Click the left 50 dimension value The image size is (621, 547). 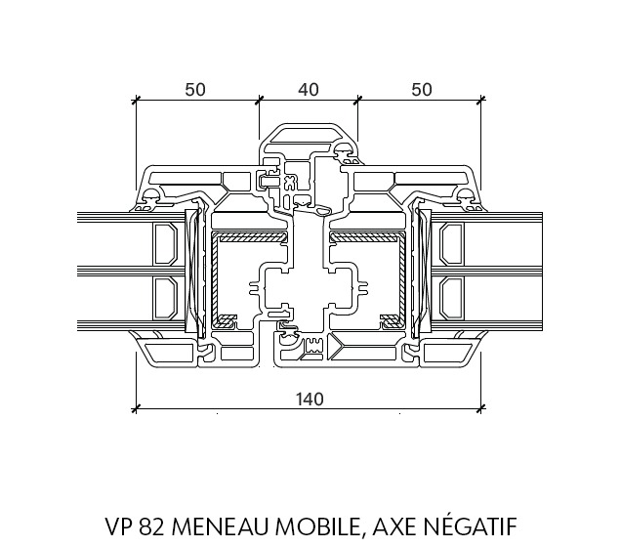click(x=195, y=90)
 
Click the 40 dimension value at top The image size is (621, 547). click(x=309, y=90)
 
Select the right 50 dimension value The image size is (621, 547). click(x=422, y=90)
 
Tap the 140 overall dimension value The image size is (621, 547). click(x=310, y=399)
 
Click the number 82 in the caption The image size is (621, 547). click(x=153, y=526)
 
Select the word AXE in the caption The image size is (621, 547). click(x=395, y=526)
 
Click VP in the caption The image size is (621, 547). click(x=120, y=526)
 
